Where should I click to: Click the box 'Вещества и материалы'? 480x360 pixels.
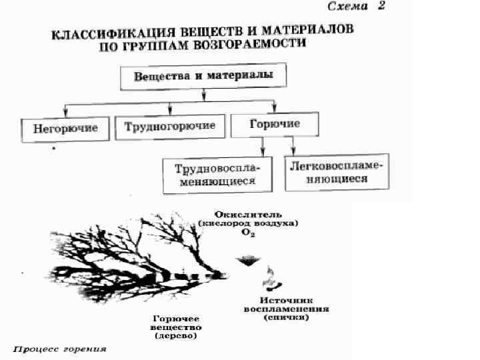click(x=203, y=76)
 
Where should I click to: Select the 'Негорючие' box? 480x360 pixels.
click(x=65, y=127)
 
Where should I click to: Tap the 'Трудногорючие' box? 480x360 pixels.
click(x=170, y=125)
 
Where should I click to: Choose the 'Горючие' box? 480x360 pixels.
click(x=274, y=125)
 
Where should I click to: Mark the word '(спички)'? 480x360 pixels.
click(x=286, y=318)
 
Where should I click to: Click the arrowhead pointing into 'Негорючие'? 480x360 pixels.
click(x=65, y=113)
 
